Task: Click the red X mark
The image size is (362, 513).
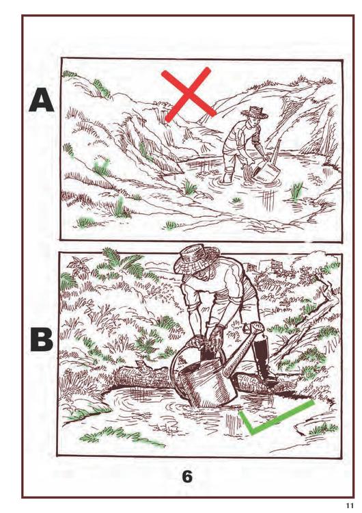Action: click(188, 94)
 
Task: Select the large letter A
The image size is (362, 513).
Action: click(41, 99)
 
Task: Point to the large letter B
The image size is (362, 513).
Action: click(42, 339)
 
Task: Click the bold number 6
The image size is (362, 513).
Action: click(187, 477)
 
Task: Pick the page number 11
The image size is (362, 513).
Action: click(350, 505)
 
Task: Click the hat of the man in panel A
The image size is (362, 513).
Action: click(255, 112)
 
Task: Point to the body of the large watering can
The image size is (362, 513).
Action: click(207, 380)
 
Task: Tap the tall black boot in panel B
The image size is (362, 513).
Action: click(263, 360)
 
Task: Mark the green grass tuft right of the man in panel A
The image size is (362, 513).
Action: click(296, 190)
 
